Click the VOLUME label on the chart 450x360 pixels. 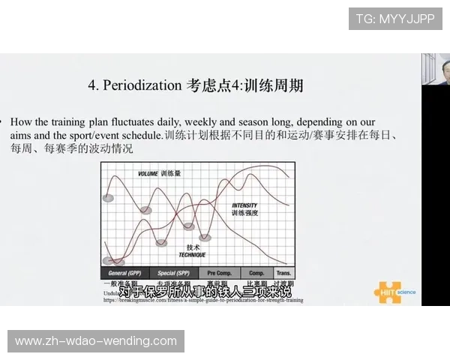pos(149,174)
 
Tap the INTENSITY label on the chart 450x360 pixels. pos(244,205)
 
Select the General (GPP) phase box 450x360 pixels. pos(124,273)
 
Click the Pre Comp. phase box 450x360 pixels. pos(219,273)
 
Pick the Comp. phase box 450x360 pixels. pos(256,273)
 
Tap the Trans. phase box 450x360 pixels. pos(283,273)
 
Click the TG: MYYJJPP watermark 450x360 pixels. pos(395,19)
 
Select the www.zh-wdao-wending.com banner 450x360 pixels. pos(96,341)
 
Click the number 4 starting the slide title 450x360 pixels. pos(91,85)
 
